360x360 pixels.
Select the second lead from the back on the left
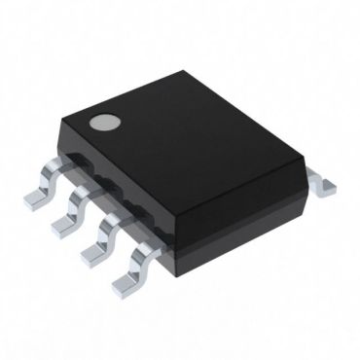point(69,208)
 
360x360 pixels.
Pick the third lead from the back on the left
point(95,237)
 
